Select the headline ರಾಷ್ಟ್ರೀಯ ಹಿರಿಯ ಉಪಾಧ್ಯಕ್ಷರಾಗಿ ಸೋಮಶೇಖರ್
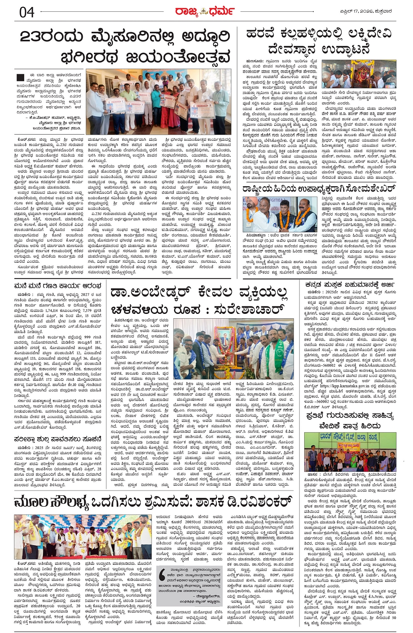click(319, 189)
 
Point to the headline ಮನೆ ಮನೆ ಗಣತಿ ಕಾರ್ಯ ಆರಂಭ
click(57, 286)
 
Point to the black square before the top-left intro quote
click(20, 77)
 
